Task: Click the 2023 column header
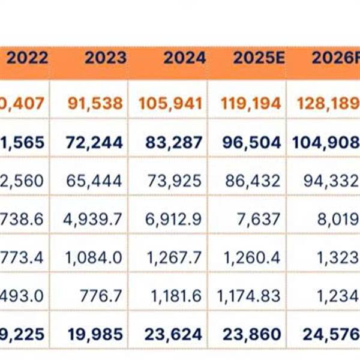click(x=105, y=58)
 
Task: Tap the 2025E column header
click(x=256, y=58)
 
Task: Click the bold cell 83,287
click(x=174, y=142)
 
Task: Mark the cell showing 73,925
click(x=174, y=181)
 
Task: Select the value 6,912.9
click(x=174, y=219)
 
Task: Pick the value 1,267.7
click(x=174, y=257)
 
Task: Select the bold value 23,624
click(x=174, y=334)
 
